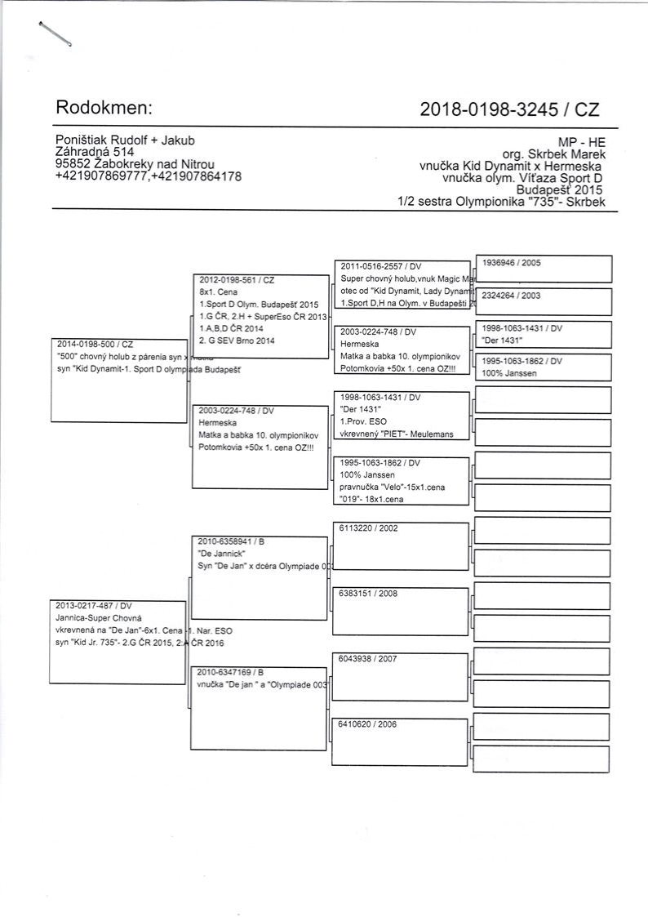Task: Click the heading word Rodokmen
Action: coord(104,108)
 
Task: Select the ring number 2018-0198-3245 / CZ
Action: coord(503,109)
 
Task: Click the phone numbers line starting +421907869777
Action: coord(148,176)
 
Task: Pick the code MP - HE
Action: coord(582,141)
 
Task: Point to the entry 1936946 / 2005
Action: coord(512,263)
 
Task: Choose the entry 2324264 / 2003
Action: coord(512,296)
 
